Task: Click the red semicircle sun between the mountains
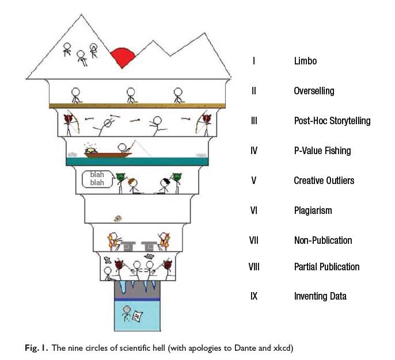124,58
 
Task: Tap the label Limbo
305,61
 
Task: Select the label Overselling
314,91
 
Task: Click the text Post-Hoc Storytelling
332,121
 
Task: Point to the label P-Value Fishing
322,151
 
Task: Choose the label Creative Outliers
324,181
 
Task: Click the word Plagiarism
313,210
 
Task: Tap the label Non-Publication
322,240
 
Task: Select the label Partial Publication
326,267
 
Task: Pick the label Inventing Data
320,297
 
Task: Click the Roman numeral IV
253,151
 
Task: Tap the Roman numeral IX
253,297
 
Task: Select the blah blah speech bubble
96,179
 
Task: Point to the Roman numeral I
253,61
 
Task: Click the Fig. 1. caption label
40,348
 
